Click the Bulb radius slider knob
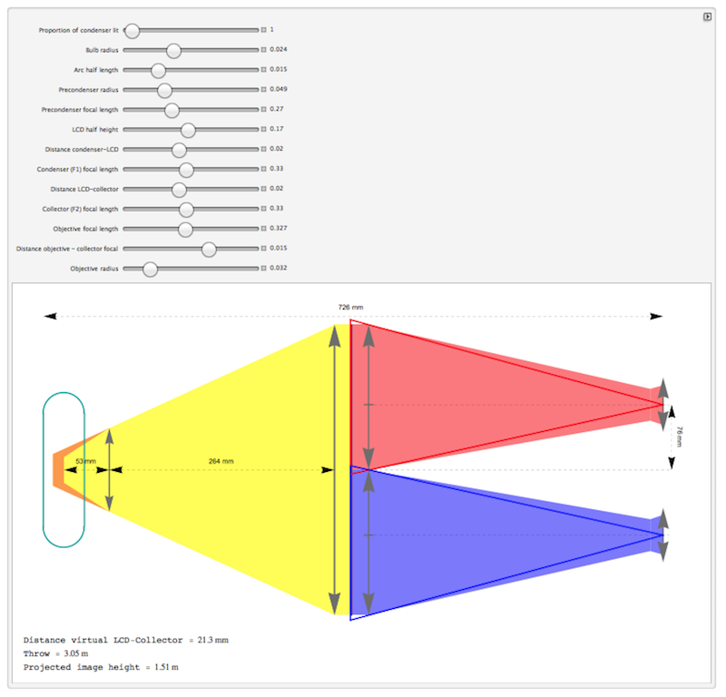173,51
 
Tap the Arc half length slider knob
158,71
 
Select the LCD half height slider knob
188,131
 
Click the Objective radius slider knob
150,270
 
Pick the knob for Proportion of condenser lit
132,31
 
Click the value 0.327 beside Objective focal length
279,229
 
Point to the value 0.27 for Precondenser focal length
277,109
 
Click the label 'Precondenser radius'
88,90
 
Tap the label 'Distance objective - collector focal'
67,249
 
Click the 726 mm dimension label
350,307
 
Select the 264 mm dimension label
221,461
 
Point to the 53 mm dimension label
85,461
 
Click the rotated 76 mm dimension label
679,437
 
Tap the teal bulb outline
43,469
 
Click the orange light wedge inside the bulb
59,470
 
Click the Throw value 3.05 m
76,653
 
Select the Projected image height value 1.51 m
166,667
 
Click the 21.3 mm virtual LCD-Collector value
213,640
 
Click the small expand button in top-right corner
707,16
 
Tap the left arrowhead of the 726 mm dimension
50,317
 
